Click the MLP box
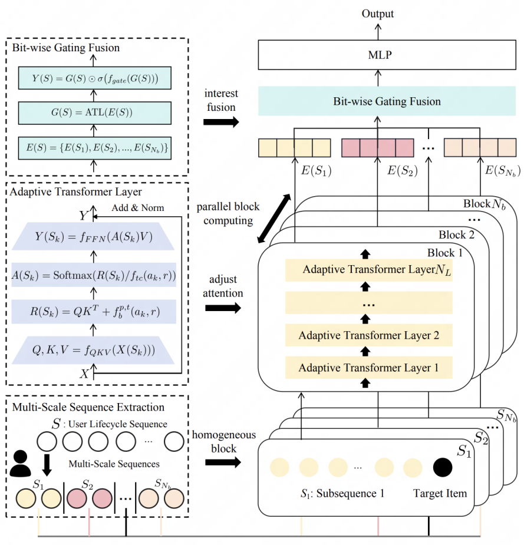pyautogui.click(x=377, y=56)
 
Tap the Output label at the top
pyautogui.click(x=377, y=13)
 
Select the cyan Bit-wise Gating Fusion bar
pyautogui.click(x=377, y=101)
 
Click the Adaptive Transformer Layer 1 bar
pyautogui.click(x=369, y=368)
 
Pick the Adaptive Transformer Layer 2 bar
pyautogui.click(x=369, y=336)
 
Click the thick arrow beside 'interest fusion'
pyautogui.click(x=221, y=123)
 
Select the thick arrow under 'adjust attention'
pyautogui.click(x=223, y=308)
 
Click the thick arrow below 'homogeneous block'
pyautogui.click(x=223, y=463)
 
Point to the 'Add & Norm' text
pyautogui.click(x=137, y=208)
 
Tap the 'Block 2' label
pyautogui.click(x=453, y=234)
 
